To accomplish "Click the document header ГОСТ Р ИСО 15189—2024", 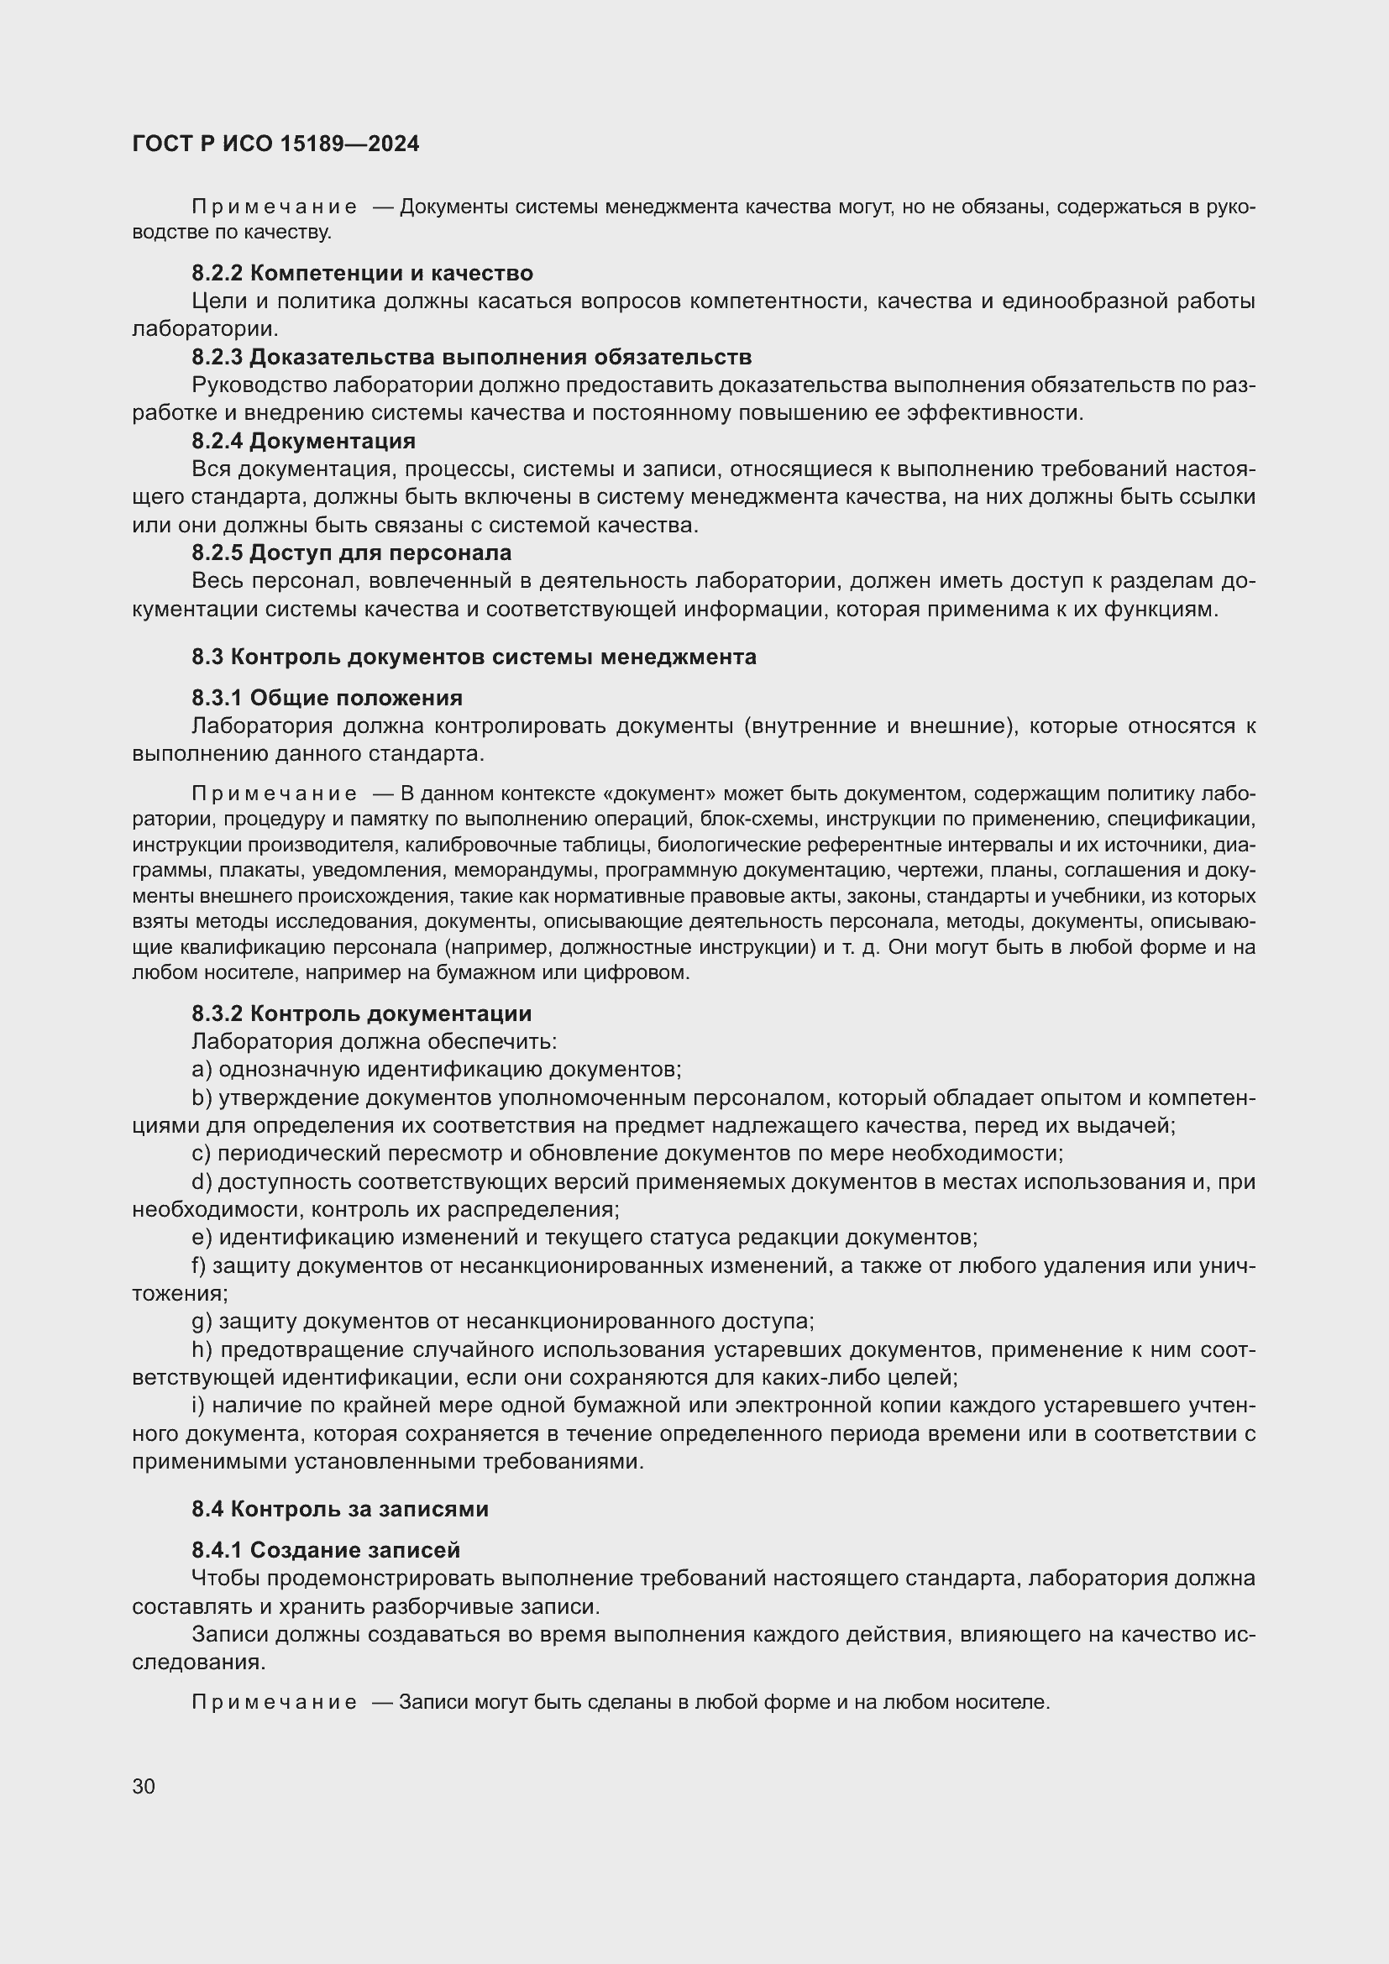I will click(275, 144).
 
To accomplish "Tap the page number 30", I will click(144, 1786).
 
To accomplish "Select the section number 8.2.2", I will click(218, 273).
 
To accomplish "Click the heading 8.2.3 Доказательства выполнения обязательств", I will click(471, 357).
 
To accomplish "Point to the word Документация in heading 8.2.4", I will click(333, 441).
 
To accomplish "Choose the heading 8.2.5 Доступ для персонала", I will click(352, 553).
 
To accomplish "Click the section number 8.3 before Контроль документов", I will click(207, 657).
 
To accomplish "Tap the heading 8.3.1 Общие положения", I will click(327, 698).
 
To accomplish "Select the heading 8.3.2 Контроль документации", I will click(361, 1013).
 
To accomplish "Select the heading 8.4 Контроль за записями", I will click(339, 1509).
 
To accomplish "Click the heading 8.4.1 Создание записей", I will click(326, 1550).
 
